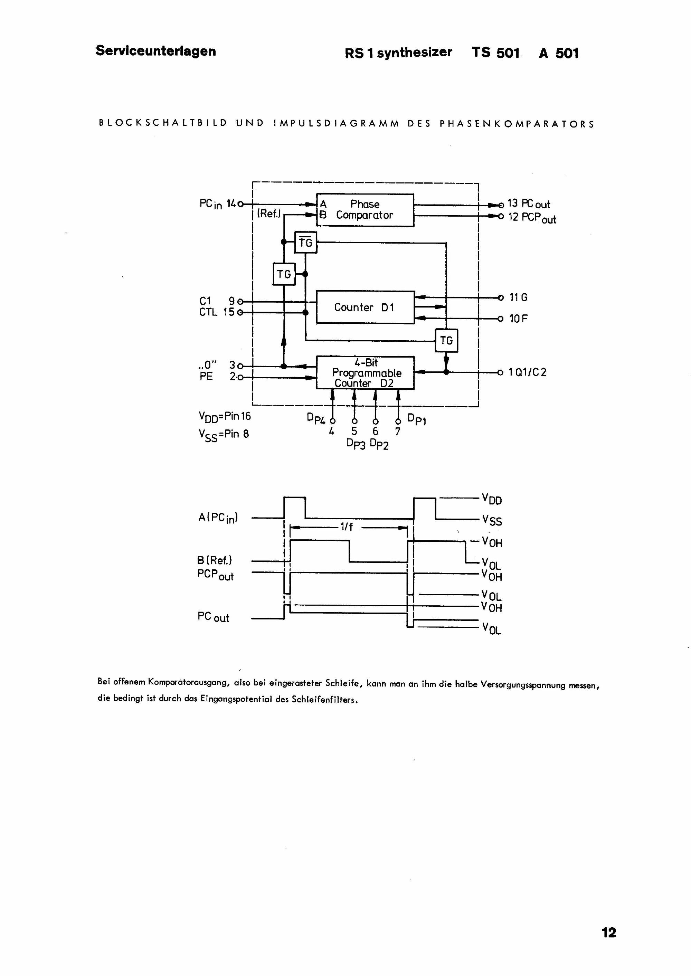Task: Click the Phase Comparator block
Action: pos(365,210)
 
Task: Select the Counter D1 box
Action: pos(365,307)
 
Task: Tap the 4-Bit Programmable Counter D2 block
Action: pos(365,373)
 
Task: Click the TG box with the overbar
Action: pos(306,242)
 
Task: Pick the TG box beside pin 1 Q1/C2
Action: pos(446,340)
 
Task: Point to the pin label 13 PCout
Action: pos(529,204)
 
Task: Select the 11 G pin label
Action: pos(519,297)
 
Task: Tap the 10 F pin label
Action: pos(519,319)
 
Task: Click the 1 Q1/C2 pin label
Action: pos(528,372)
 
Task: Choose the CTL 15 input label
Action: pos(217,312)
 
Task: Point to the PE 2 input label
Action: pos(217,377)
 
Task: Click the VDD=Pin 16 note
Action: pos(225,417)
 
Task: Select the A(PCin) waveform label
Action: pos(218,518)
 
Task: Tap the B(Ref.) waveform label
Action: pos(215,560)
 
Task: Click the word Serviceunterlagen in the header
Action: pos(156,51)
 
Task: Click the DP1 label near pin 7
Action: pos(417,419)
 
